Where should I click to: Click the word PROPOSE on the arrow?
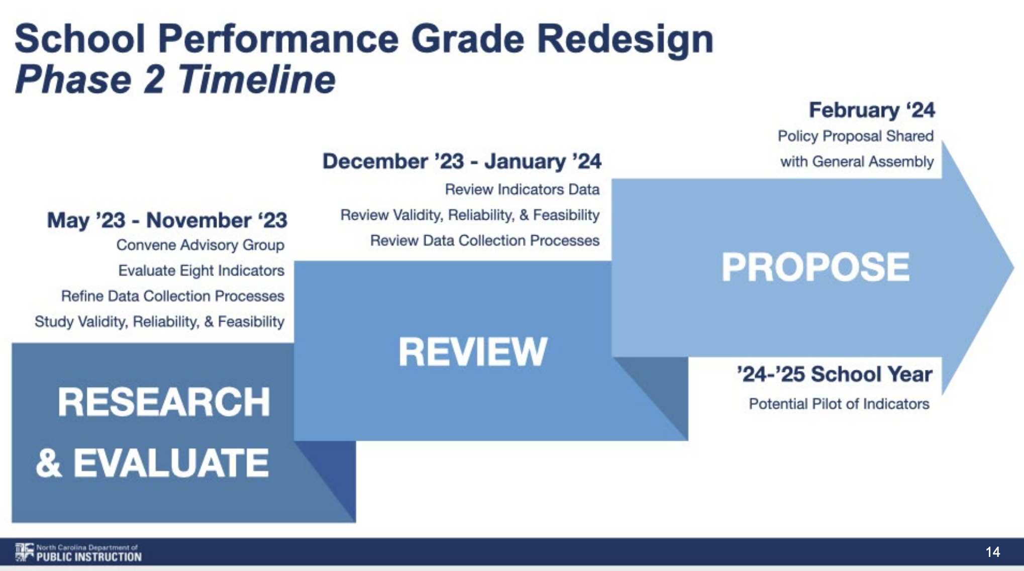coord(815,267)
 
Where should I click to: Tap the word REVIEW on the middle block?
coord(472,351)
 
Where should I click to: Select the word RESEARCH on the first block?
coord(164,402)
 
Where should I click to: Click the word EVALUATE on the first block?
coord(171,463)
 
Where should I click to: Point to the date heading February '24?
coord(871,110)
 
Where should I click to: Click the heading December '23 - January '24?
coord(461,161)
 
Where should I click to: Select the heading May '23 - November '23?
coord(167,220)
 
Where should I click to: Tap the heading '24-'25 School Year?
coord(834,374)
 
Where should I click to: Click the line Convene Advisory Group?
coord(200,245)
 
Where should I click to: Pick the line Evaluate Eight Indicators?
coord(201,271)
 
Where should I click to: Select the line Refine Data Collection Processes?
coord(172,296)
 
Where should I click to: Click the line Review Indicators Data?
coord(522,189)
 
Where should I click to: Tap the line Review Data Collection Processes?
coord(484,241)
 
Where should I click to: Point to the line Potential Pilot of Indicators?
coord(839,404)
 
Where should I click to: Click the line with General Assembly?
coord(857,162)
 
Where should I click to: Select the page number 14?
coord(992,552)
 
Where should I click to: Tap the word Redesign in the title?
coord(625,39)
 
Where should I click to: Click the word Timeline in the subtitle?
coord(256,79)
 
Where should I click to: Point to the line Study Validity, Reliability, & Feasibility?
coord(159,322)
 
